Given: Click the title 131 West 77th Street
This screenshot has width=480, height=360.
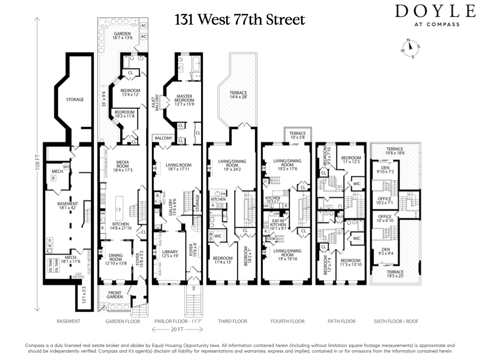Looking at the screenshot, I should click(240, 20).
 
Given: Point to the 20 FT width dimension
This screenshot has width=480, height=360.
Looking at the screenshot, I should click(178, 330).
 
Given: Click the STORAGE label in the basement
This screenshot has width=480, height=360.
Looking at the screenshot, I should click(75, 99).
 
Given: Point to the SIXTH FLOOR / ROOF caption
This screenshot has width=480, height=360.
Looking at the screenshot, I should click(396, 321).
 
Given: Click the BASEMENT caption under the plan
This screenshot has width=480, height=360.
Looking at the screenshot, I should click(68, 321).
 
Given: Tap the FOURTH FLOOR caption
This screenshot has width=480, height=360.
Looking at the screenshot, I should click(287, 321).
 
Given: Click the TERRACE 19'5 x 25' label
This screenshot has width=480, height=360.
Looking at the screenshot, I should click(395, 274).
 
